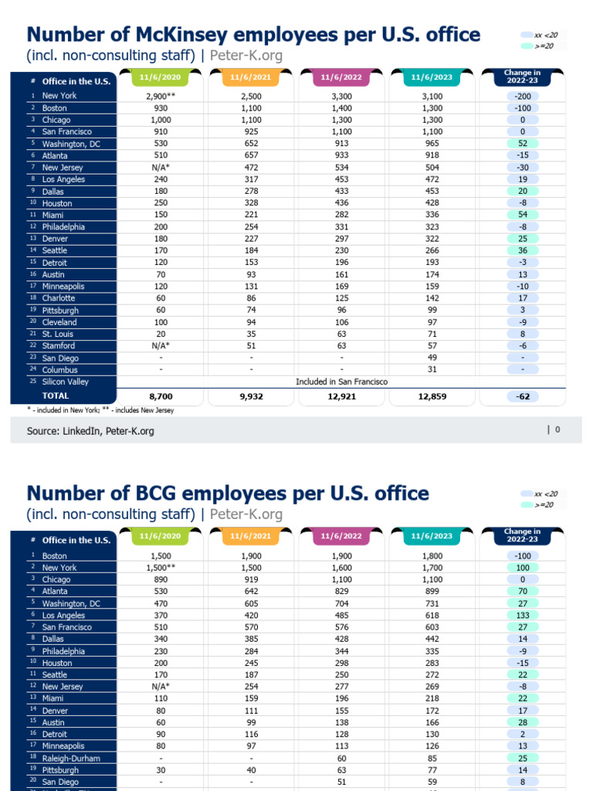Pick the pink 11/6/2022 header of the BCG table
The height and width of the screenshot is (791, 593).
coord(341,536)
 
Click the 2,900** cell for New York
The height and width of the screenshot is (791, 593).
coord(161,96)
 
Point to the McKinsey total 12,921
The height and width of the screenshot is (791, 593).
coord(341,395)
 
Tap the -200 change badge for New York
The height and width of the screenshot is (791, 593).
coord(522,96)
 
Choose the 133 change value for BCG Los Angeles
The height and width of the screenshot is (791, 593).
coord(522,615)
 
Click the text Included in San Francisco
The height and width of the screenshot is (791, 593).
coord(341,382)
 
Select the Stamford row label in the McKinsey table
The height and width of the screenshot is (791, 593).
coord(59,346)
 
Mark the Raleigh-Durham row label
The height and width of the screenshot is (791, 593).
coord(71,759)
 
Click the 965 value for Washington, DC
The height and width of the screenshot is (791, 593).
coord(433,144)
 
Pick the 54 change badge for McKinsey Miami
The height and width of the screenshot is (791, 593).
coord(522,215)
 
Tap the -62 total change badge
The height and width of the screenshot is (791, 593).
coord(522,395)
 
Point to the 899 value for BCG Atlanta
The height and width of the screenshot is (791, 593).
coord(433,591)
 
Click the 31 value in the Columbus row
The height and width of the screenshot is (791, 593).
coord(433,370)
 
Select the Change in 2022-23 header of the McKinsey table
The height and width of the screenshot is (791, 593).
coord(522,76)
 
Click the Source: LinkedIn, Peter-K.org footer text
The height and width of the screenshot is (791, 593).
coord(90,431)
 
